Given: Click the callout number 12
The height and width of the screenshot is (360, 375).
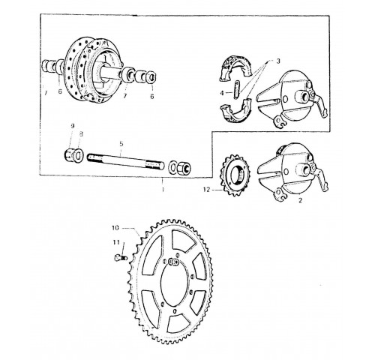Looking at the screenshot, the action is pyautogui.click(x=207, y=190).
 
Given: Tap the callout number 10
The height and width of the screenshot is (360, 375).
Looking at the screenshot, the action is pyautogui.click(x=115, y=228).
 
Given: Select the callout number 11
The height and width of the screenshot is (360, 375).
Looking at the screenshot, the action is pyautogui.click(x=116, y=242).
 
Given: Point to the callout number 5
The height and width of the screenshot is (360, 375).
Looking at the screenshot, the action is pyautogui.click(x=121, y=144).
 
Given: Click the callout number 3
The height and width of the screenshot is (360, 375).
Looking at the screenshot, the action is pyautogui.click(x=278, y=61).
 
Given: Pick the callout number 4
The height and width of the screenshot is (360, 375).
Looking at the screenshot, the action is pyautogui.click(x=222, y=93).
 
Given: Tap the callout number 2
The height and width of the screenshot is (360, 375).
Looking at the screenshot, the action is pyautogui.click(x=300, y=200).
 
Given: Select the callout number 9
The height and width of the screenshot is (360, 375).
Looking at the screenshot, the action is pyautogui.click(x=73, y=126).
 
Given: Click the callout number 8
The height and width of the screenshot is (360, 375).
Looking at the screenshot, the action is pyautogui.click(x=81, y=134).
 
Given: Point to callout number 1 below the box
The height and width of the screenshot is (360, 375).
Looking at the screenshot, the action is pyautogui.click(x=163, y=190).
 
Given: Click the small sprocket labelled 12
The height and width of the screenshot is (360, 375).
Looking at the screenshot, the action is pyautogui.click(x=235, y=175).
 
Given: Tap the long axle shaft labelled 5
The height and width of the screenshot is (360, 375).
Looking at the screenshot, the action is pyautogui.click(x=126, y=160).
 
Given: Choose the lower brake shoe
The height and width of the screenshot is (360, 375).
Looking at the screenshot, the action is pyautogui.click(x=235, y=111).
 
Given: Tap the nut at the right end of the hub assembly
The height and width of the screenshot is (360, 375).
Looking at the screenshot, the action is pyautogui.click(x=151, y=77).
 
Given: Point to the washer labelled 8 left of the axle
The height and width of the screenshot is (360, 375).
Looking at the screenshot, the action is pyautogui.click(x=78, y=156).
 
